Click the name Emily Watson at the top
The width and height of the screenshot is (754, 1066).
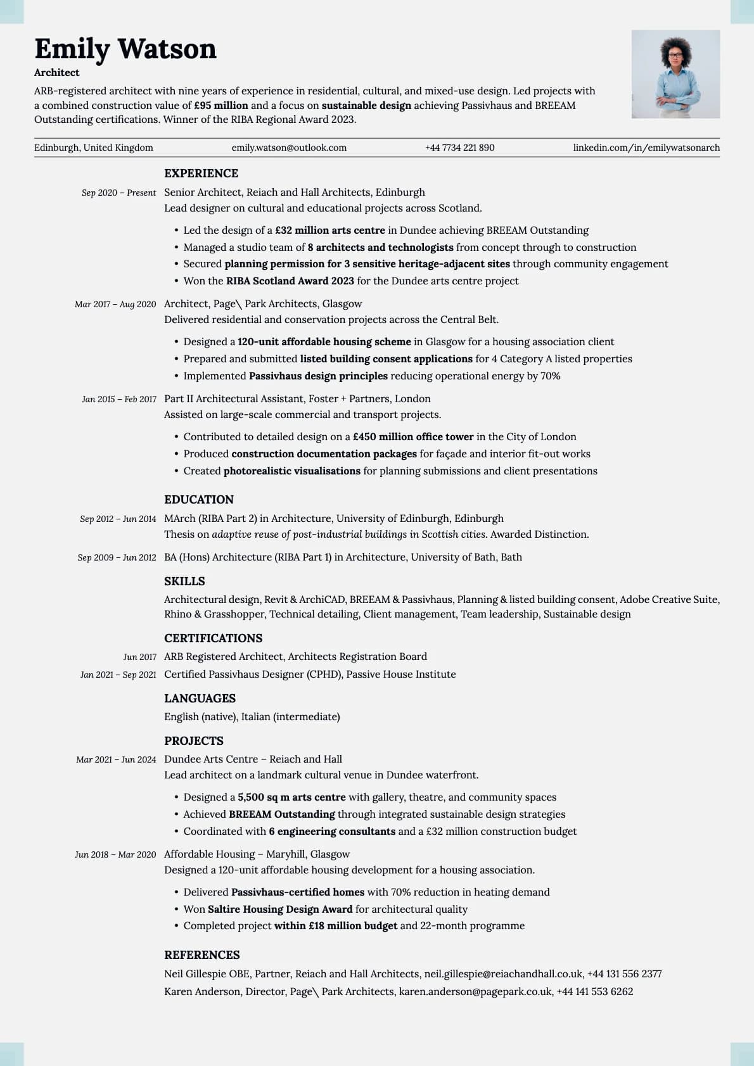125,49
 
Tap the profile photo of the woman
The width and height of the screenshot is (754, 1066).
675,74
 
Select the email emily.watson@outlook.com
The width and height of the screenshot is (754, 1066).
289,148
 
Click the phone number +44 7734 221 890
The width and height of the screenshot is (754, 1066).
459,148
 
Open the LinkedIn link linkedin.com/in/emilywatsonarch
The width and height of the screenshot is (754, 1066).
646,148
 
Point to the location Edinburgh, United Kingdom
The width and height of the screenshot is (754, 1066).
94,148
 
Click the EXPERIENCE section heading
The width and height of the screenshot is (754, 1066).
201,174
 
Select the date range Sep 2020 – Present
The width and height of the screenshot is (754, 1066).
118,193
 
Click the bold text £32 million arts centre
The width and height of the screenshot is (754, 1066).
330,231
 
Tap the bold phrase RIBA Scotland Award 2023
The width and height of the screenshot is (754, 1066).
290,281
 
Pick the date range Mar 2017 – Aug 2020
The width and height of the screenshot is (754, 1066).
115,304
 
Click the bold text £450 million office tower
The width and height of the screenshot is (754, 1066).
413,437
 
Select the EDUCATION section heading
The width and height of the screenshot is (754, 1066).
199,500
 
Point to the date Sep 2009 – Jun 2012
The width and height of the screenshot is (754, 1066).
117,557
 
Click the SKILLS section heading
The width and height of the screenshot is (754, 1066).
184,581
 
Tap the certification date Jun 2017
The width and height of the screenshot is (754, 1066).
139,657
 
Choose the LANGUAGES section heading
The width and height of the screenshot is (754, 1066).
200,699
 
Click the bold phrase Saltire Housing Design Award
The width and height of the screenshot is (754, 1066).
280,910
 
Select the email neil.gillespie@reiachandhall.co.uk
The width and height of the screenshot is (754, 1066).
503,974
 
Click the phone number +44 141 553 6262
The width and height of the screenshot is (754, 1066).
594,992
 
